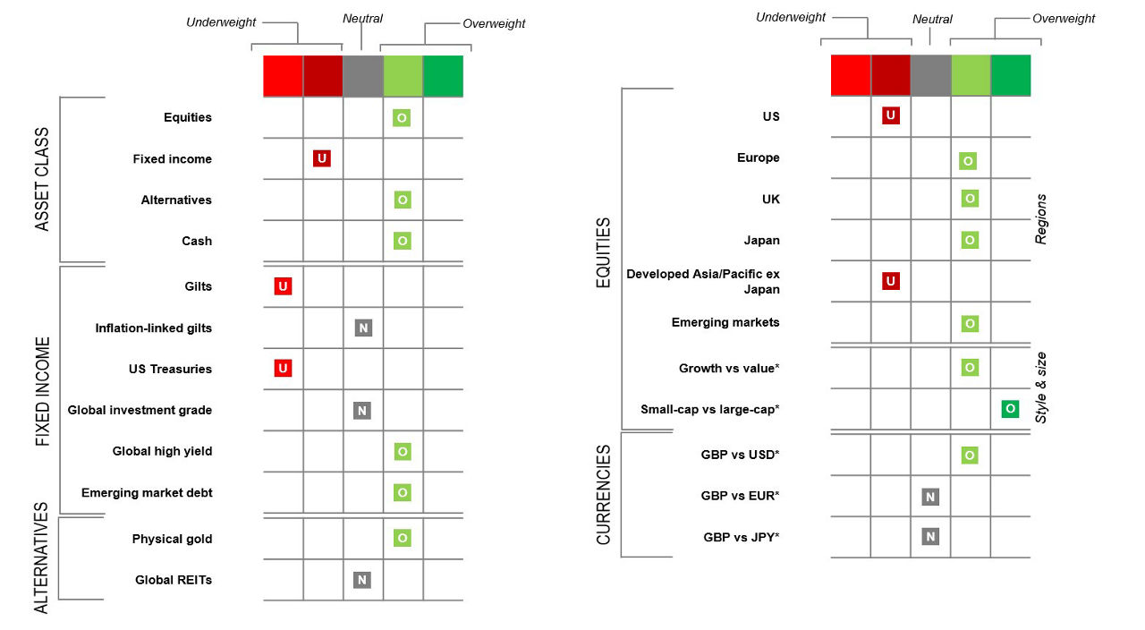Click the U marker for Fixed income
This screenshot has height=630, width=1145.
[x=322, y=158]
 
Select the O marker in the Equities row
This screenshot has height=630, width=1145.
[x=402, y=117]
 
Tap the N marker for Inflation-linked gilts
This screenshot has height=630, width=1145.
[x=362, y=328]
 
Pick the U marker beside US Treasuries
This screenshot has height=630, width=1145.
[x=283, y=368]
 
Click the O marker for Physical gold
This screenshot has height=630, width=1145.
[x=402, y=538]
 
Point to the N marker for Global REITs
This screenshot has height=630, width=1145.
[x=361, y=580]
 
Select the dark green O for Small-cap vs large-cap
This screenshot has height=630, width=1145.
[x=1009, y=409]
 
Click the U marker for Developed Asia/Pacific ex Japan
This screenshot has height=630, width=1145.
[x=890, y=281]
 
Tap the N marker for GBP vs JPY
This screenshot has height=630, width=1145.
[x=930, y=537]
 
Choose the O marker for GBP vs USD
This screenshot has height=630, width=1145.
[x=969, y=455]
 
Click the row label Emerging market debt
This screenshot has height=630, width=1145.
[x=147, y=493]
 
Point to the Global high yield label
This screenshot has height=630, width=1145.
[x=162, y=451]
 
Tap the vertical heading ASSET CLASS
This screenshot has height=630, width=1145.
[x=42, y=179]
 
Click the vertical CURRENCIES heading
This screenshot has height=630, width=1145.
[x=604, y=494]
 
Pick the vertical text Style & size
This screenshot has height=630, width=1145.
[x=1040, y=387]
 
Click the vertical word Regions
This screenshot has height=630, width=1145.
[x=1040, y=219]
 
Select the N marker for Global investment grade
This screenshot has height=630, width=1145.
[x=361, y=411]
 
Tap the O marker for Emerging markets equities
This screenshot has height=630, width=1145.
[x=969, y=323]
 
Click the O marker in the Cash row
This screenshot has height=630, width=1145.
[x=402, y=241]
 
